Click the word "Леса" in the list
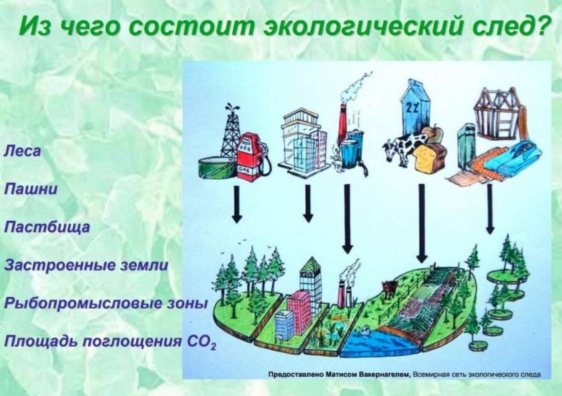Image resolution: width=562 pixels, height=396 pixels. click(22, 151)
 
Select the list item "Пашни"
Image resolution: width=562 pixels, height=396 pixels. click(31, 189)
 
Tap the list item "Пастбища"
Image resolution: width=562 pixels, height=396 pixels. click(47, 228)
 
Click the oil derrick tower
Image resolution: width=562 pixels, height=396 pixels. click(231, 129)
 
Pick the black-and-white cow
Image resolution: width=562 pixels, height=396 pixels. click(402, 147)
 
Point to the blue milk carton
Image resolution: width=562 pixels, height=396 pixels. click(416, 107)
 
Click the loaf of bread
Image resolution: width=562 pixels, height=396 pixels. click(430, 157)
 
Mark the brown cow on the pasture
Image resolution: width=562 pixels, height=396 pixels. click(389, 288)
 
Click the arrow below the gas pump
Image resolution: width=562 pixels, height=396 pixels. click(236, 205)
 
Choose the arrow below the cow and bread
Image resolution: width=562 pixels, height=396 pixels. click(422, 223)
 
